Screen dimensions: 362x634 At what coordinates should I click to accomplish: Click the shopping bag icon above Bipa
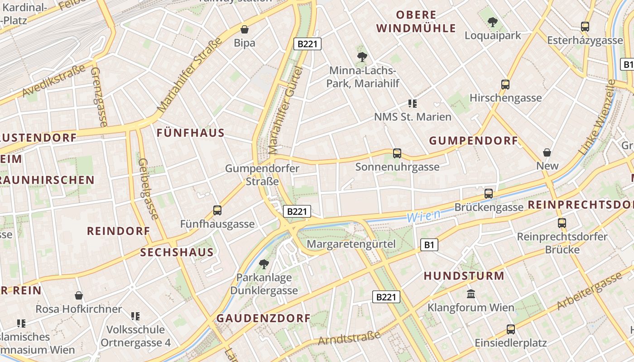tap(245, 29)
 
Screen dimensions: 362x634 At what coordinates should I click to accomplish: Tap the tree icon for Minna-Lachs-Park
tap(362, 57)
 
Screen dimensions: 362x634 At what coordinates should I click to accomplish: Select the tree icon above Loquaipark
tap(493, 21)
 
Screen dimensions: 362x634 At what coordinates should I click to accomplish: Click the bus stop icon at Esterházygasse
tap(585, 27)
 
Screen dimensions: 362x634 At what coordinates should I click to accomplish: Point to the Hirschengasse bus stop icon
tap(505, 84)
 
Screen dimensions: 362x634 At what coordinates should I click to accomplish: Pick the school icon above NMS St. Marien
tap(412, 104)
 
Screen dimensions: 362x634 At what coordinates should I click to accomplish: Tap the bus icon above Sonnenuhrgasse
tap(397, 153)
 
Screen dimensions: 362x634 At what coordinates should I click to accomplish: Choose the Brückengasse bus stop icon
tap(489, 194)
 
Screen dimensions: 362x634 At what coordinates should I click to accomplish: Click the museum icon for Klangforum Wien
tap(471, 294)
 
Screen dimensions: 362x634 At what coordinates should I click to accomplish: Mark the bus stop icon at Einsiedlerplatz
tap(511, 329)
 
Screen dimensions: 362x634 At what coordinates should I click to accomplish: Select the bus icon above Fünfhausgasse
tap(217, 210)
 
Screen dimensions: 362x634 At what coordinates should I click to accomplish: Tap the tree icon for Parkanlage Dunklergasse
tap(264, 264)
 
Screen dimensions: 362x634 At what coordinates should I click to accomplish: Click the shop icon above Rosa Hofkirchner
tap(79, 296)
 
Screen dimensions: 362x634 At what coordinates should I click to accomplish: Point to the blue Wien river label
tap(423, 216)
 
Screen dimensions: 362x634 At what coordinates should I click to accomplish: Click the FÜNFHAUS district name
tap(191, 133)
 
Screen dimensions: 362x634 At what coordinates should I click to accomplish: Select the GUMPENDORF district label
tap(473, 141)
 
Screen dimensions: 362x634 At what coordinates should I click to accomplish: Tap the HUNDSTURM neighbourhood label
tap(464, 276)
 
